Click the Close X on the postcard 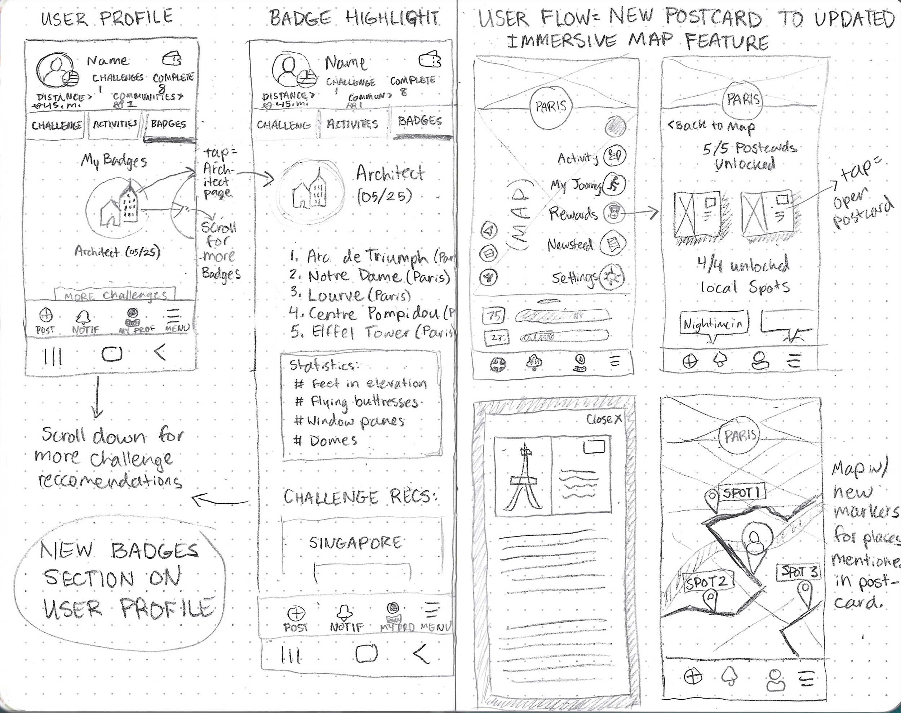click(x=604, y=419)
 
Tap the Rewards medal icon click(x=614, y=214)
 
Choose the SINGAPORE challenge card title click(x=355, y=542)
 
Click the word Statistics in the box click(x=323, y=365)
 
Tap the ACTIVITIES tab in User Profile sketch click(x=115, y=124)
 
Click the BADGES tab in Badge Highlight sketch click(x=420, y=121)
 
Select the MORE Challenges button click(x=115, y=295)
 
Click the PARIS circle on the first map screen click(x=551, y=106)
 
